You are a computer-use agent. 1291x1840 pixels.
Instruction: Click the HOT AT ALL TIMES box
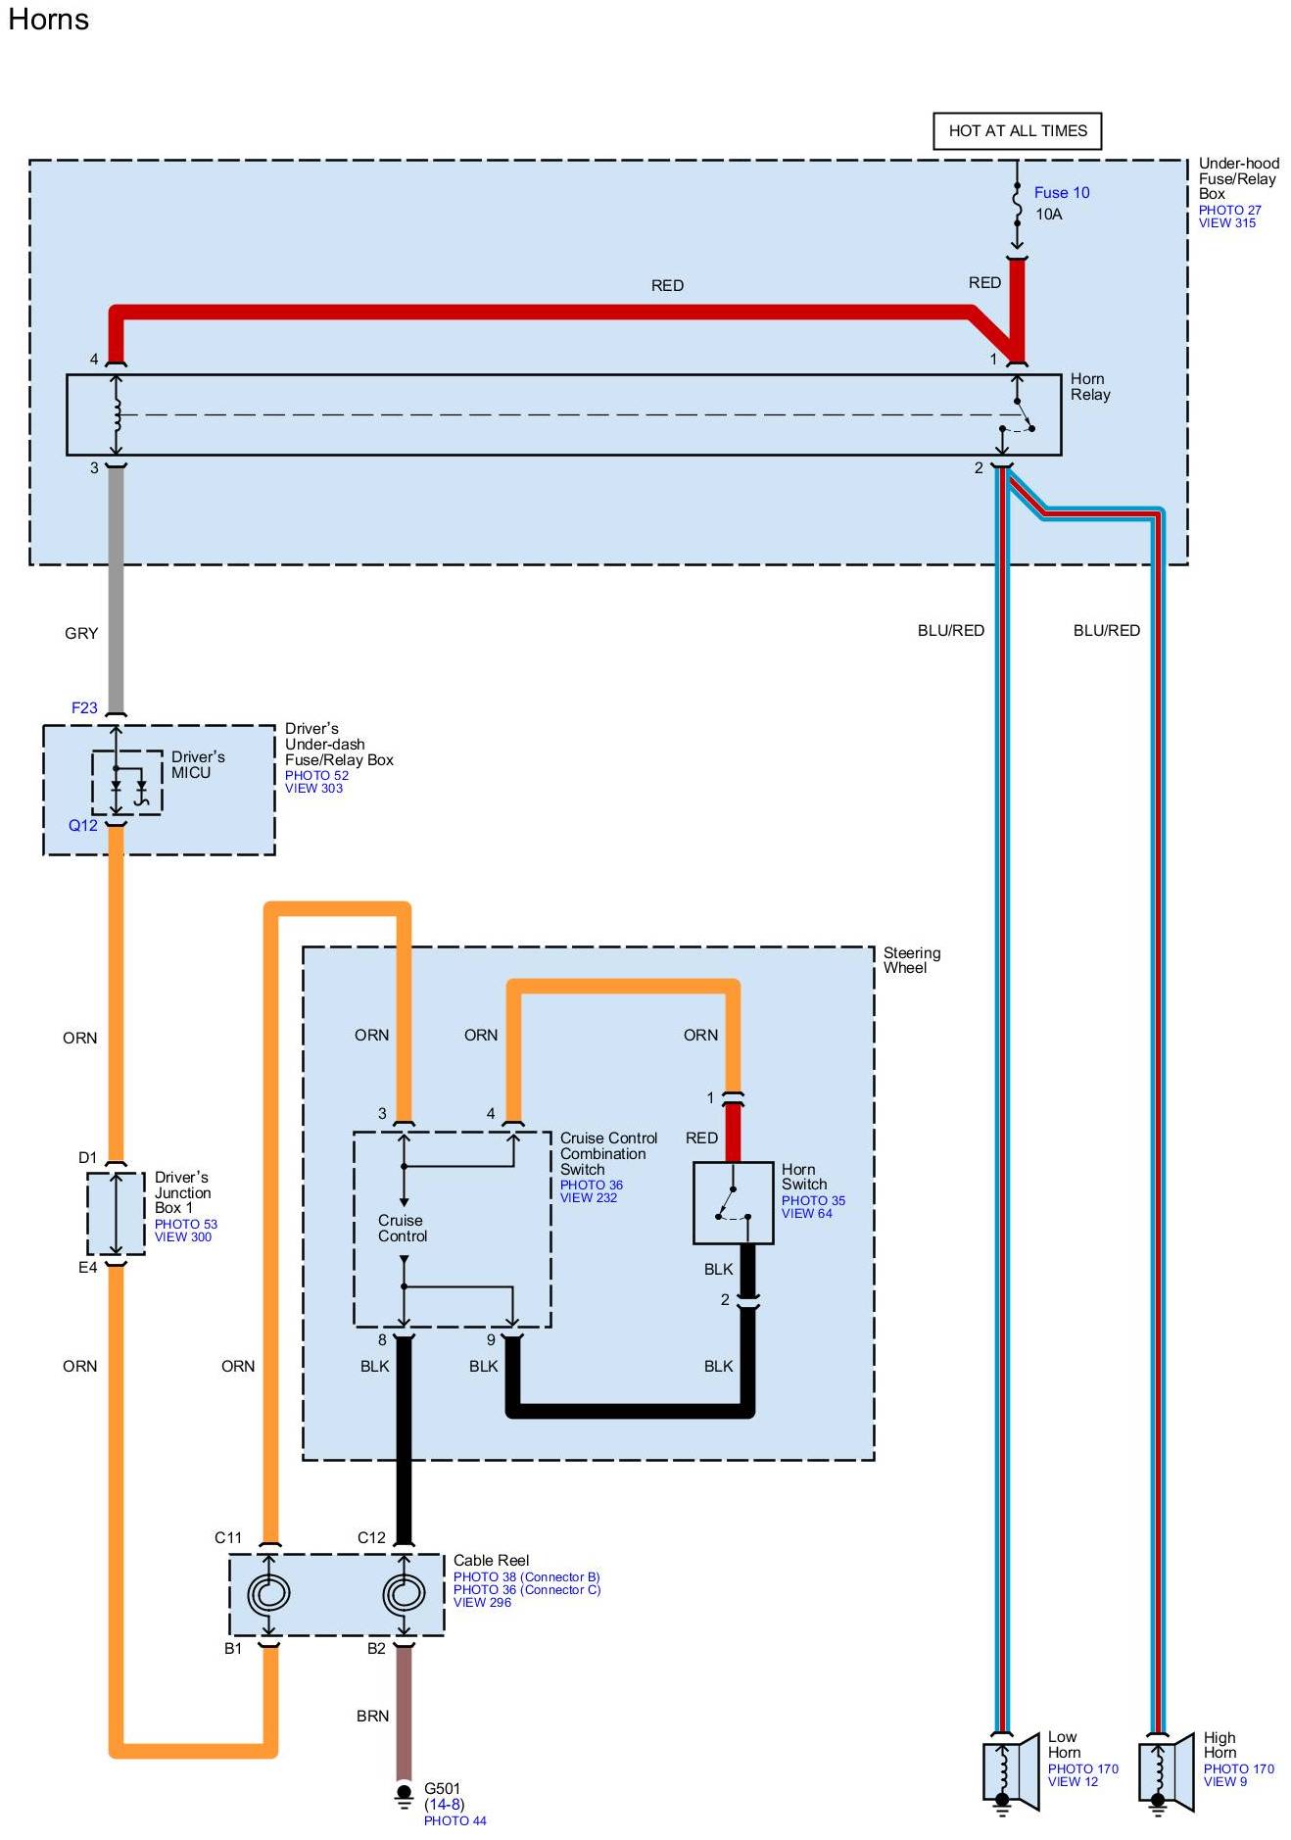pyautogui.click(x=1017, y=131)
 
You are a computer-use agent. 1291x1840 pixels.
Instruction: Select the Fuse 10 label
pyautogui.click(x=1061, y=193)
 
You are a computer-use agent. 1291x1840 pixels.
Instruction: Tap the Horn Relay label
pyautogui.click(x=1089, y=387)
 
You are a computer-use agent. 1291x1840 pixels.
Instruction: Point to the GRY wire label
pyautogui.click(x=81, y=634)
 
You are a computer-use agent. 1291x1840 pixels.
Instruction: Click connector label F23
pyautogui.click(x=84, y=707)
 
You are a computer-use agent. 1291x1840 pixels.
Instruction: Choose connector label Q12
pyautogui.click(x=82, y=825)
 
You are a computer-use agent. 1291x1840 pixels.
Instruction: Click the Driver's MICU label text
pyautogui.click(x=197, y=765)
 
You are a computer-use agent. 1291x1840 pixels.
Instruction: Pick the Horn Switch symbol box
pyautogui.click(x=733, y=1202)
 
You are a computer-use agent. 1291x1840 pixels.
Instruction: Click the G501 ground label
pyautogui.click(x=442, y=1788)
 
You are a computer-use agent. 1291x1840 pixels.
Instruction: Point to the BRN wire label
pyautogui.click(x=372, y=1716)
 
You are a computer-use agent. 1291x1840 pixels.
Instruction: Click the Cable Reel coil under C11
pyautogui.click(x=268, y=1593)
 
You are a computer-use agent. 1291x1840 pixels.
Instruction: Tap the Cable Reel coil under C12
pyautogui.click(x=403, y=1593)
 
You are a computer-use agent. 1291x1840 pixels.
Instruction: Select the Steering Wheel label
pyautogui.click(x=911, y=960)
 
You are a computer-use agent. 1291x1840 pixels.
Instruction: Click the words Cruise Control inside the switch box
pyautogui.click(x=403, y=1229)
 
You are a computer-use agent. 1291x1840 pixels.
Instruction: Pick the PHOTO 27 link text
pyautogui.click(x=1229, y=210)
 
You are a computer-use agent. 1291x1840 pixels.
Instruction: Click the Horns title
pyautogui.click(x=48, y=20)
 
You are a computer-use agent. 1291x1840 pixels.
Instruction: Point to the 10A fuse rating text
pyautogui.click(x=1048, y=215)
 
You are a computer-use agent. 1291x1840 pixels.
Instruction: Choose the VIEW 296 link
pyautogui.click(x=482, y=1602)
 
